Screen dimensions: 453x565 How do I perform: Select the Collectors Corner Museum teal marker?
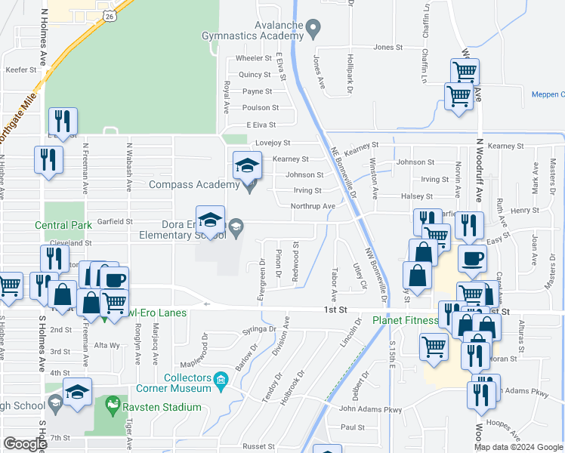(221, 377)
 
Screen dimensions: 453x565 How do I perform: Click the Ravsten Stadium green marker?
(113, 406)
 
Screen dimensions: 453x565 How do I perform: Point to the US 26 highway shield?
(110, 15)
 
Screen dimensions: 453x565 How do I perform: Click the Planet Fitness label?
(405, 320)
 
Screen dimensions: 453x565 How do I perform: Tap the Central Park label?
(63, 225)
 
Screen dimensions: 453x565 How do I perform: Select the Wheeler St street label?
(253, 58)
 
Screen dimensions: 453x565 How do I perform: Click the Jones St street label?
(388, 47)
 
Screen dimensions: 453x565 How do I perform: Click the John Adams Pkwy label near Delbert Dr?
(370, 409)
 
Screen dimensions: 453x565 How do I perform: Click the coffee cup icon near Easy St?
(473, 258)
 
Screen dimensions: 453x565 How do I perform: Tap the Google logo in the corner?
(25, 444)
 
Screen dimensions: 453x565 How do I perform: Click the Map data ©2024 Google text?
(518, 447)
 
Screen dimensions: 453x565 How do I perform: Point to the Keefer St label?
(21, 69)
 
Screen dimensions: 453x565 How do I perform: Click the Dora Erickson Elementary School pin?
(236, 226)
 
